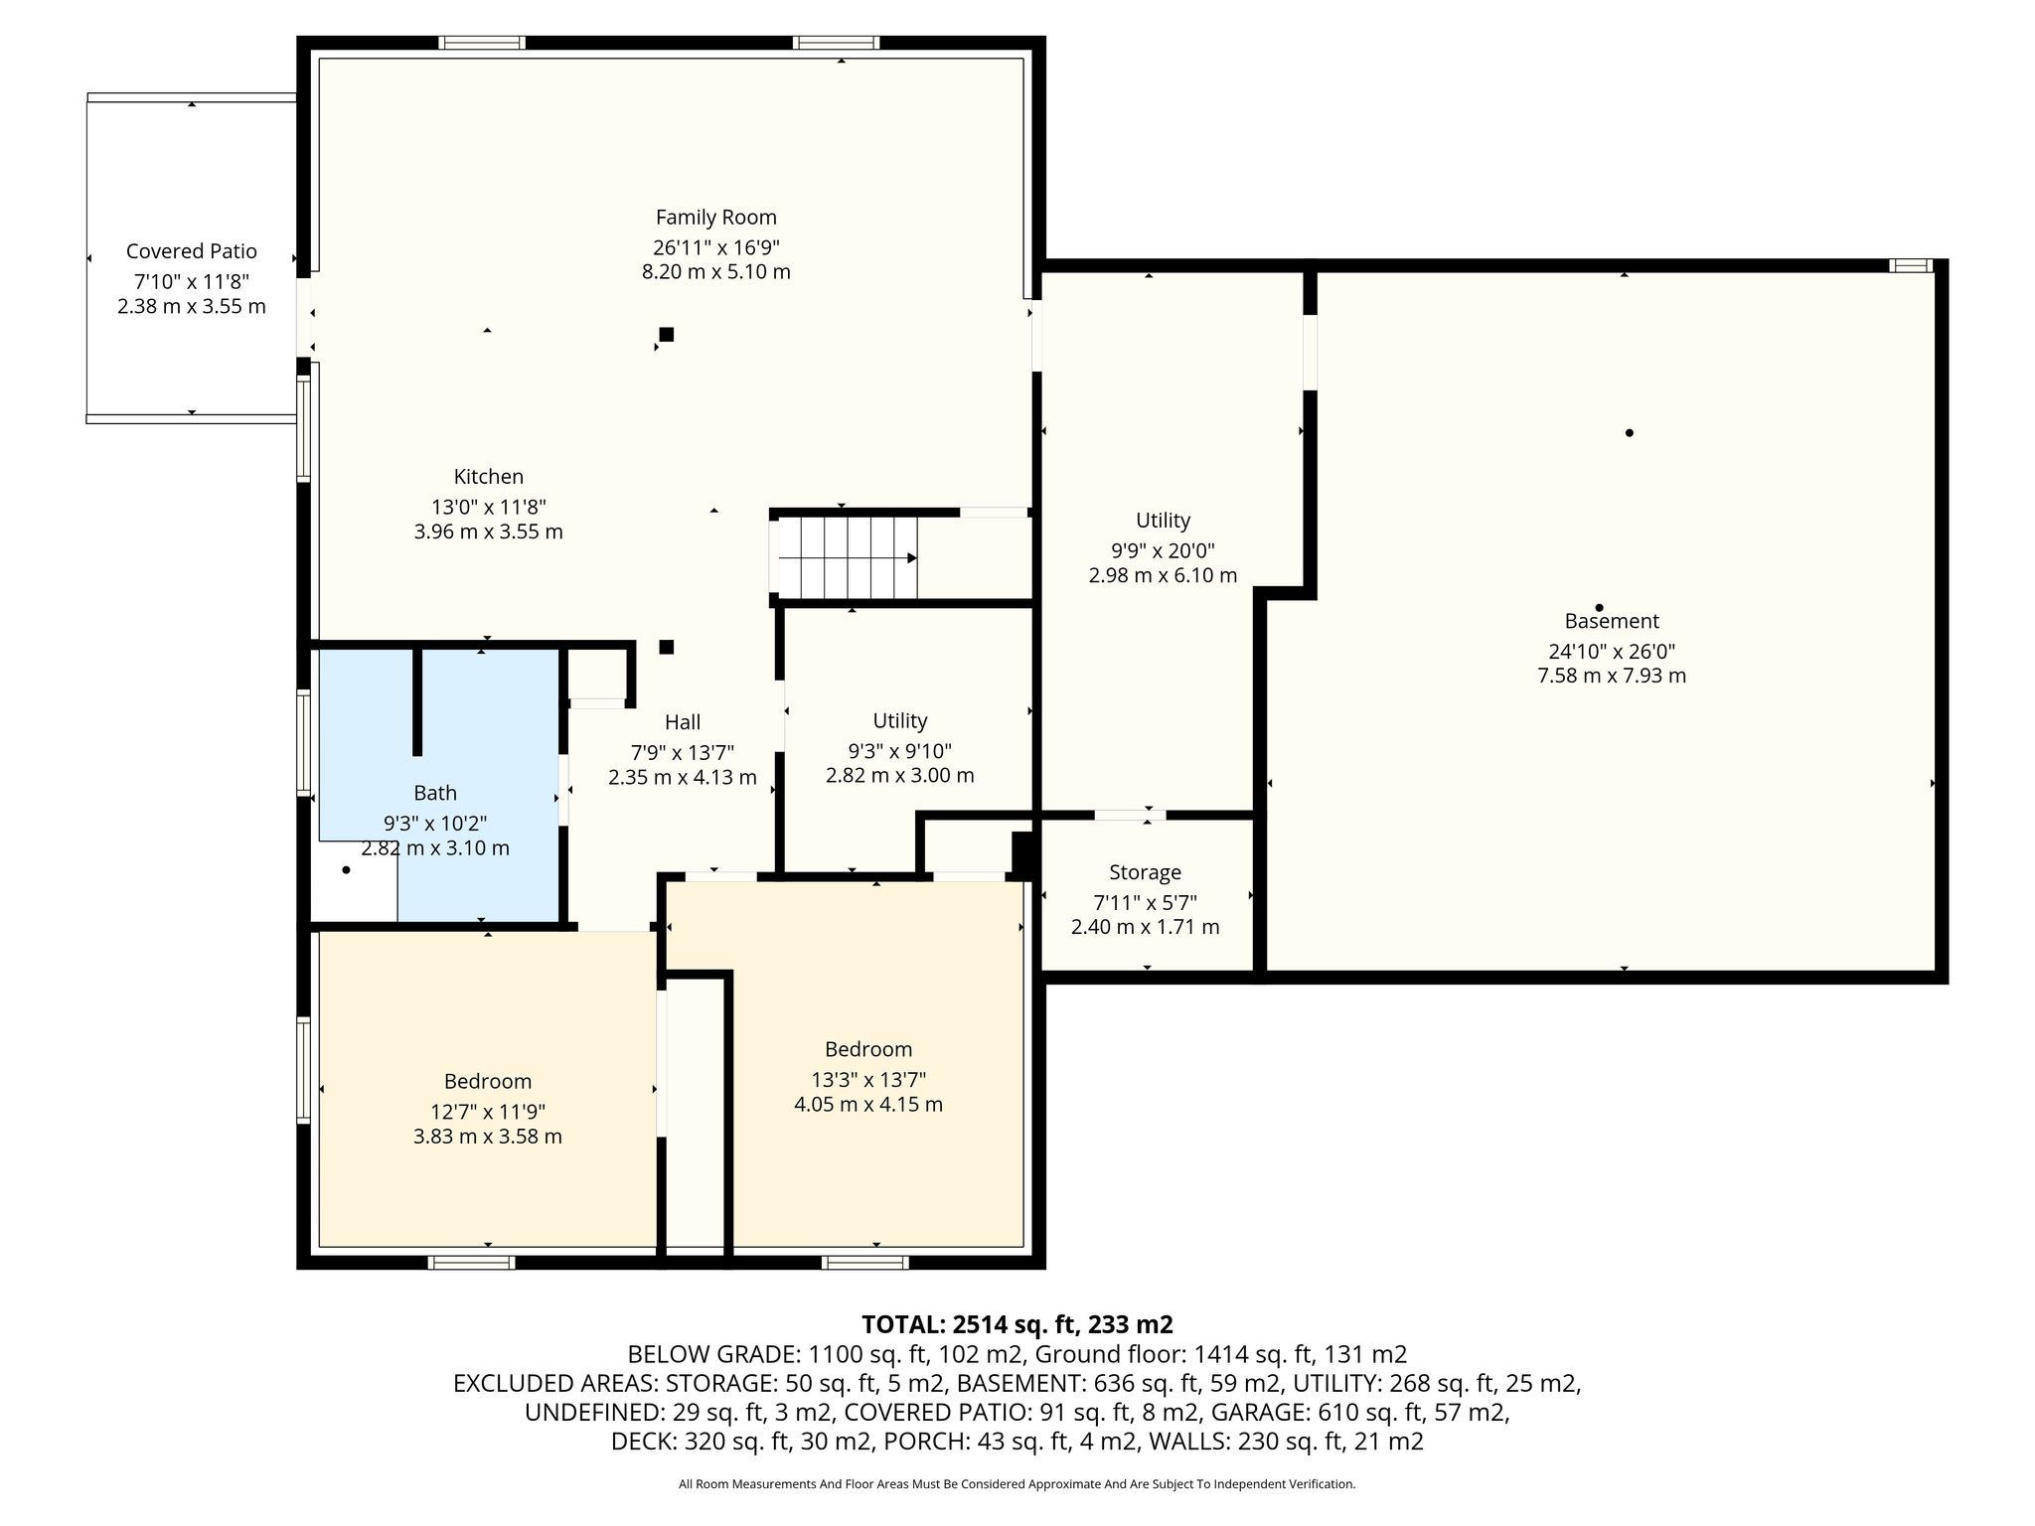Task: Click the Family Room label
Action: coord(715,218)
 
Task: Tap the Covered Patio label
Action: coord(192,251)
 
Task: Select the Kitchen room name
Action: coord(488,477)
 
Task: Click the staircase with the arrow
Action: coord(848,558)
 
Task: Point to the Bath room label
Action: coord(435,793)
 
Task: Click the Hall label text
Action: coord(683,722)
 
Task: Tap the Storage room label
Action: coord(1145,872)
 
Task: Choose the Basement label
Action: coord(1612,621)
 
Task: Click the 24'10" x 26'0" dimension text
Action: coord(1612,652)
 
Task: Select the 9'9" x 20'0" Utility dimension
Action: coord(1163,550)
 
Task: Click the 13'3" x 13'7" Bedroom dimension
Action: coord(868,1080)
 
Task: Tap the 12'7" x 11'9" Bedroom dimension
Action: coord(488,1112)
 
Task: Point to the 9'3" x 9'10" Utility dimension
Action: coord(899,751)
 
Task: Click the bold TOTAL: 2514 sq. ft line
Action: coord(1017,1324)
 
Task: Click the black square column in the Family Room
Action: coord(667,335)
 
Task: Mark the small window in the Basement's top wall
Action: coord(1911,265)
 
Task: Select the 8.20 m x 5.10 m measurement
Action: coord(715,272)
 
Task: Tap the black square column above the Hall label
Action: coord(667,647)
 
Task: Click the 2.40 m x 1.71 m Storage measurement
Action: coord(1145,927)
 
